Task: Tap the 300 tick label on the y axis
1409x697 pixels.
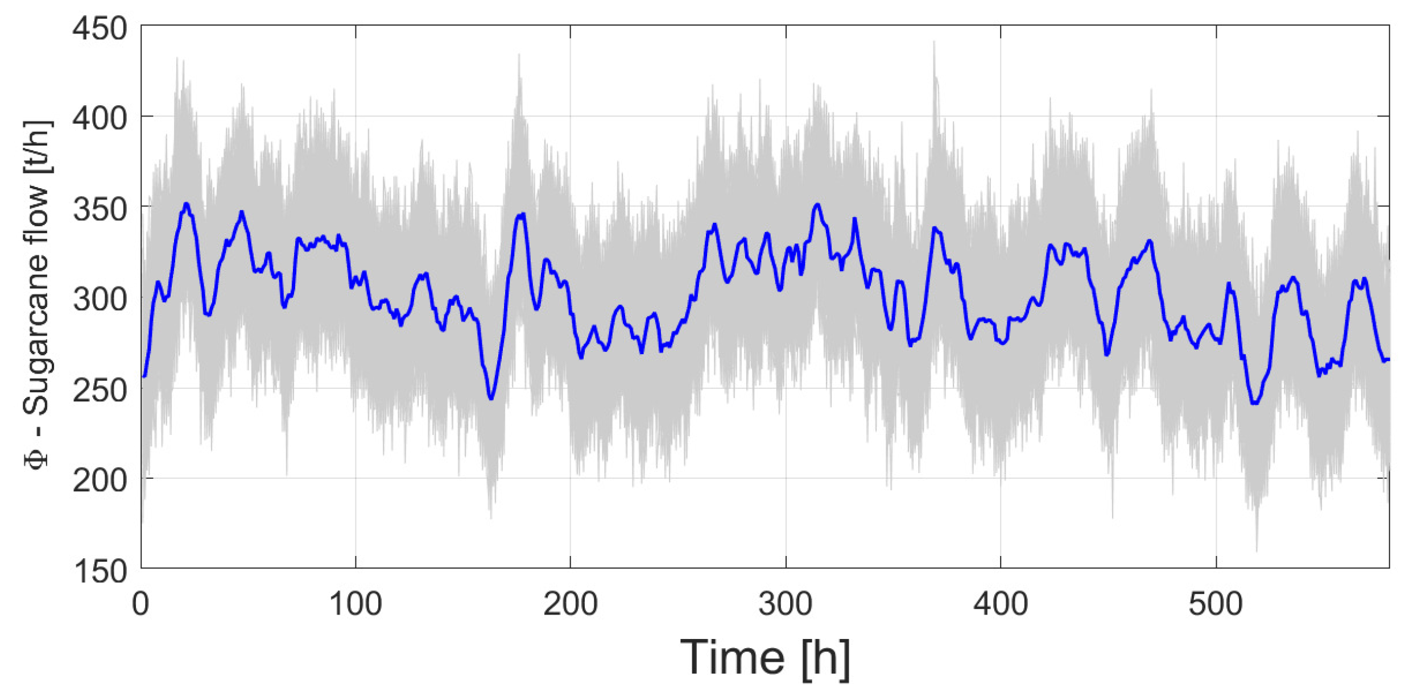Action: [100, 300]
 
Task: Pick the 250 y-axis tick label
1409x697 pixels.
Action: [100, 391]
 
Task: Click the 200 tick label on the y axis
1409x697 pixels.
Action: [100, 481]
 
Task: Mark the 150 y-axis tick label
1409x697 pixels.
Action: [100, 571]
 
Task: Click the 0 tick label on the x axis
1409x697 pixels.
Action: [141, 604]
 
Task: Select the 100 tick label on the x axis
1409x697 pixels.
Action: [356, 604]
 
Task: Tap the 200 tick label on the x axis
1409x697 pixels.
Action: [571, 604]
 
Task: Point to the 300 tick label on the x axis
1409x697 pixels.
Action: [786, 604]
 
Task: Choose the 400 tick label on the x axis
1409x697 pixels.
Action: [1001, 604]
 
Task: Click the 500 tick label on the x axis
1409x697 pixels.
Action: [1216, 604]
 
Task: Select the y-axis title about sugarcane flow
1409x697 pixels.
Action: [37, 296]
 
